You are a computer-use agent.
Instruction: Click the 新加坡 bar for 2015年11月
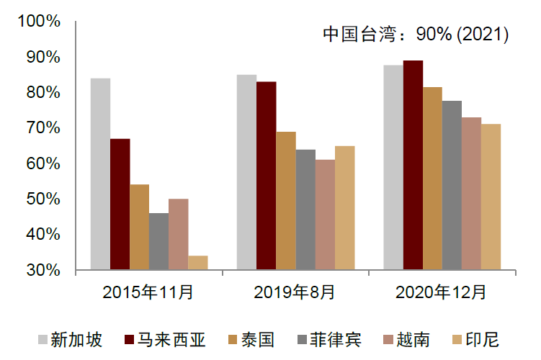click(100, 174)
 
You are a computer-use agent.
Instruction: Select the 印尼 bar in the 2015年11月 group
click(197, 263)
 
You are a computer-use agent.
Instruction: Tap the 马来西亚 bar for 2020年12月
click(413, 166)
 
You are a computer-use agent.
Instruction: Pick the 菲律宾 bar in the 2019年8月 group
click(305, 210)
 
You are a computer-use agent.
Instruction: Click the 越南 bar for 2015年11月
click(178, 235)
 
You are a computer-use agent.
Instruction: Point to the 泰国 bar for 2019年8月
click(286, 201)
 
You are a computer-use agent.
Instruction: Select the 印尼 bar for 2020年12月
click(491, 197)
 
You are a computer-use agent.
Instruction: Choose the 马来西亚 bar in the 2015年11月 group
click(120, 204)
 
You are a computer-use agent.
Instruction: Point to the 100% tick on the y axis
click(39, 22)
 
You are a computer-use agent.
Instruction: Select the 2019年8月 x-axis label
click(295, 292)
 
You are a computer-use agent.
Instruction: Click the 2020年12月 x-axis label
click(442, 292)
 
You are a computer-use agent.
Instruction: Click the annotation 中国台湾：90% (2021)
click(416, 35)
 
